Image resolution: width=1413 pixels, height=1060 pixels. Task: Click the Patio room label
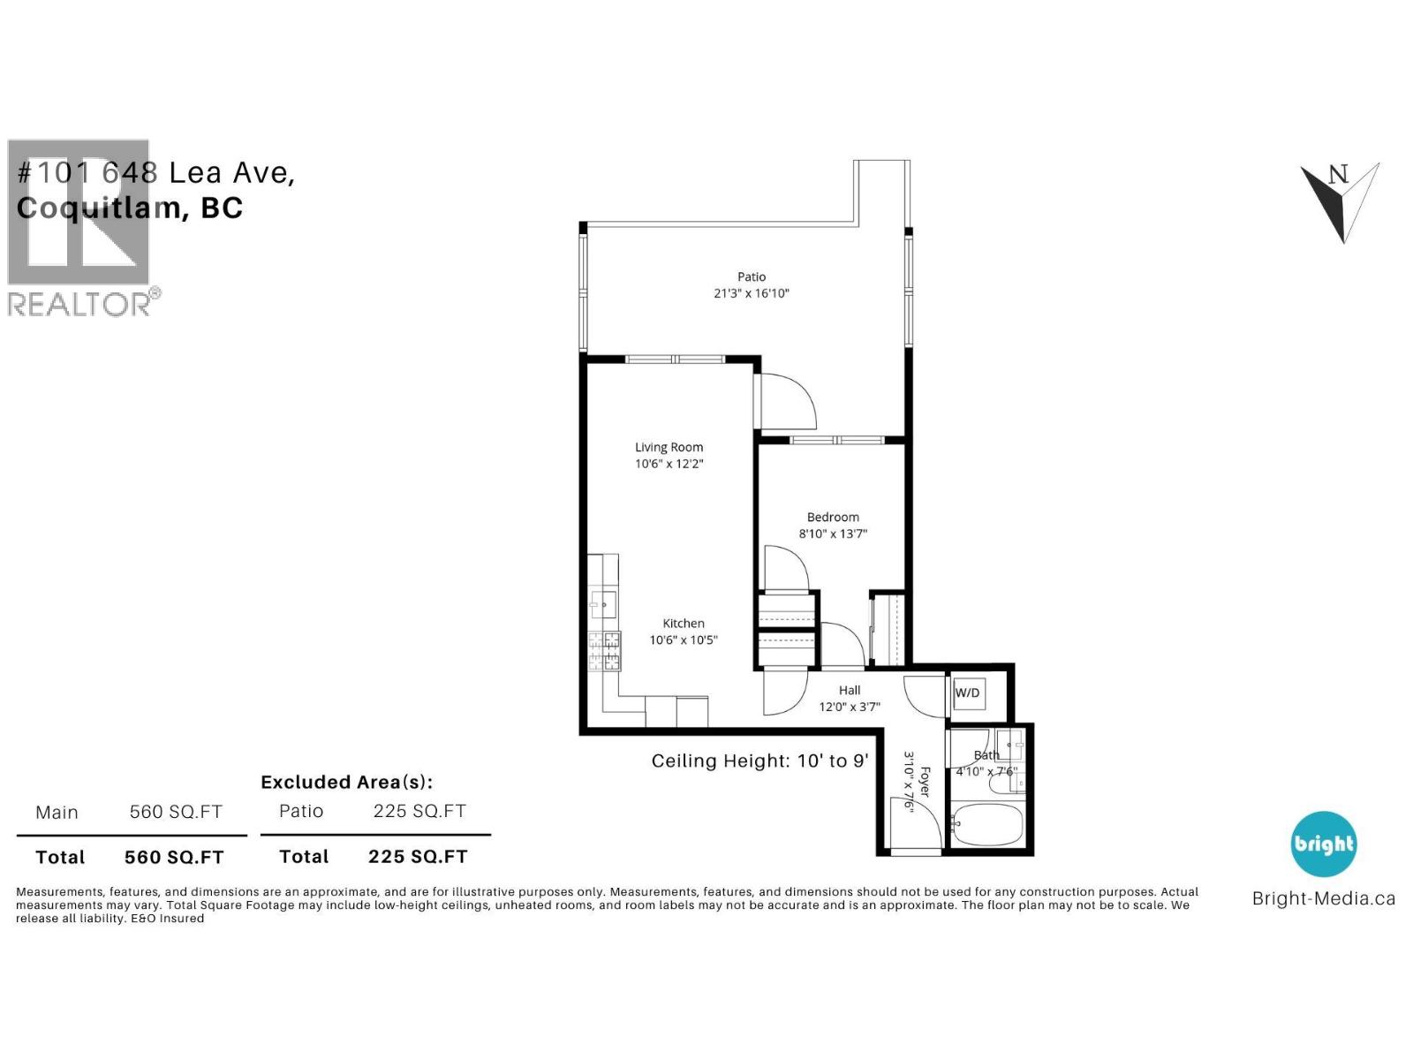(752, 276)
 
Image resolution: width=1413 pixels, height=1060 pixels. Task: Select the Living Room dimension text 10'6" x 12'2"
(669, 464)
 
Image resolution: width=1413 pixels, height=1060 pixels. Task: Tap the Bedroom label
(832, 517)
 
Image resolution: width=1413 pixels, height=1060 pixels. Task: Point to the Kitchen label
(684, 623)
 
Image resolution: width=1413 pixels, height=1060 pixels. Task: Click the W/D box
(967, 693)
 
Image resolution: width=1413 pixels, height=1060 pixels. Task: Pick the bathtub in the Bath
(986, 825)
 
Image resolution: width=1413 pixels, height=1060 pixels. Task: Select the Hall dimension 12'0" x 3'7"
(850, 707)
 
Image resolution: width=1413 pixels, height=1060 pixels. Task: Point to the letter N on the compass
(1339, 174)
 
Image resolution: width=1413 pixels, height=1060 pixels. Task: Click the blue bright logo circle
(1323, 844)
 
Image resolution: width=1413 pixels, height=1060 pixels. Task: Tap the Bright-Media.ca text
(1323, 899)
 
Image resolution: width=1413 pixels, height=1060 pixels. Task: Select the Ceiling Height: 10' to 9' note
(759, 761)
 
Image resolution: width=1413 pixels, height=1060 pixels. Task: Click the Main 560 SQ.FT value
(176, 812)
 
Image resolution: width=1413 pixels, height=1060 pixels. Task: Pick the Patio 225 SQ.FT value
(419, 811)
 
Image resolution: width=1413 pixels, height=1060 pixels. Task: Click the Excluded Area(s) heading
(346, 782)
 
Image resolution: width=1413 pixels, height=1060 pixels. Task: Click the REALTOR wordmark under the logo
(79, 304)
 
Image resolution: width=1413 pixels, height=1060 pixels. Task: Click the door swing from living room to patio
(786, 402)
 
